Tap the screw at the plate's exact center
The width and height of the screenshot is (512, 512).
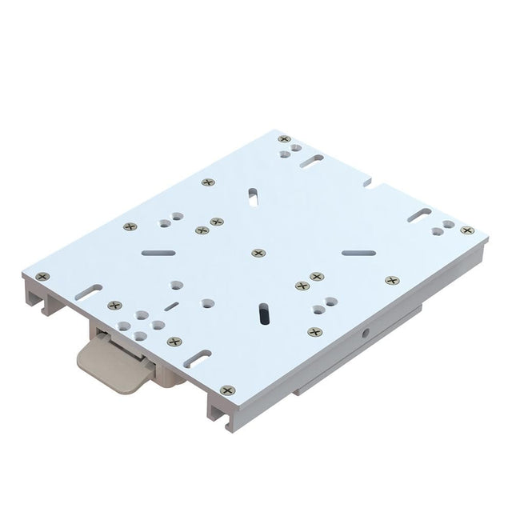pyautogui.click(x=258, y=253)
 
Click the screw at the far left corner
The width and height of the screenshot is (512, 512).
pyautogui.click(x=42, y=276)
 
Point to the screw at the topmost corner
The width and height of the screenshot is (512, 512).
pyautogui.click(x=284, y=139)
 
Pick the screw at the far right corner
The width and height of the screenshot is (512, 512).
pyautogui.click(x=467, y=230)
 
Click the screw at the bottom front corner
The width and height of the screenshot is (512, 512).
pyautogui.click(x=227, y=390)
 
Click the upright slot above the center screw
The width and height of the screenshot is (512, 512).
pyautogui.click(x=253, y=195)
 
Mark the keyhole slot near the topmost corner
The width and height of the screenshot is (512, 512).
pyautogui.click(x=313, y=163)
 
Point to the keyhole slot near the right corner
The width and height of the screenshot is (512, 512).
pyautogui.click(x=419, y=214)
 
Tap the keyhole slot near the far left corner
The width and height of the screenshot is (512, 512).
pyautogui.click(x=88, y=290)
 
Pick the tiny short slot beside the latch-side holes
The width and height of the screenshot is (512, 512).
pyautogui.click(x=170, y=306)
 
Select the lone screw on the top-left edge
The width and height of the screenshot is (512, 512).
pyautogui.click(x=208, y=182)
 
